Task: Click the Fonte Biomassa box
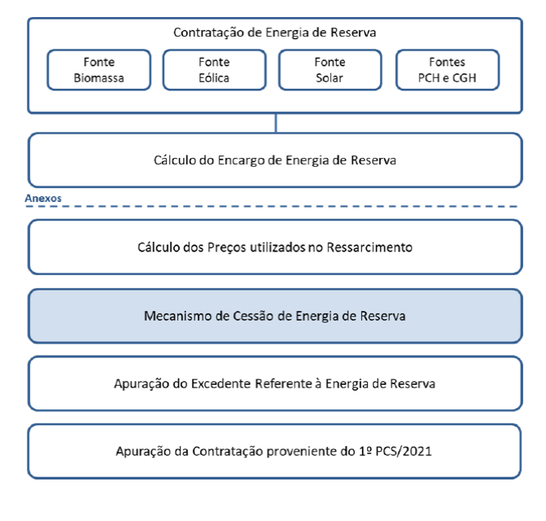click(x=99, y=70)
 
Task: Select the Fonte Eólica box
click(x=215, y=70)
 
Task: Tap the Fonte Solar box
click(x=330, y=70)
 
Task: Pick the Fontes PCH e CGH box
click(x=448, y=70)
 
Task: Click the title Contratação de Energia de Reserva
click(x=275, y=33)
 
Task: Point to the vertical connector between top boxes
click(x=276, y=123)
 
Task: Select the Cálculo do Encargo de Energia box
click(x=275, y=160)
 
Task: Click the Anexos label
click(x=43, y=198)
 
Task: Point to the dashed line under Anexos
click(x=272, y=207)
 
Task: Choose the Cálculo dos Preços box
click(x=275, y=247)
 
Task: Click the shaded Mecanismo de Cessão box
click(x=275, y=316)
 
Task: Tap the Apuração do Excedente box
click(x=275, y=383)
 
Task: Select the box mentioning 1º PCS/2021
click(x=274, y=451)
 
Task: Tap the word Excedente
click(x=221, y=383)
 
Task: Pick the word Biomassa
click(x=99, y=78)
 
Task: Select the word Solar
click(x=330, y=78)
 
